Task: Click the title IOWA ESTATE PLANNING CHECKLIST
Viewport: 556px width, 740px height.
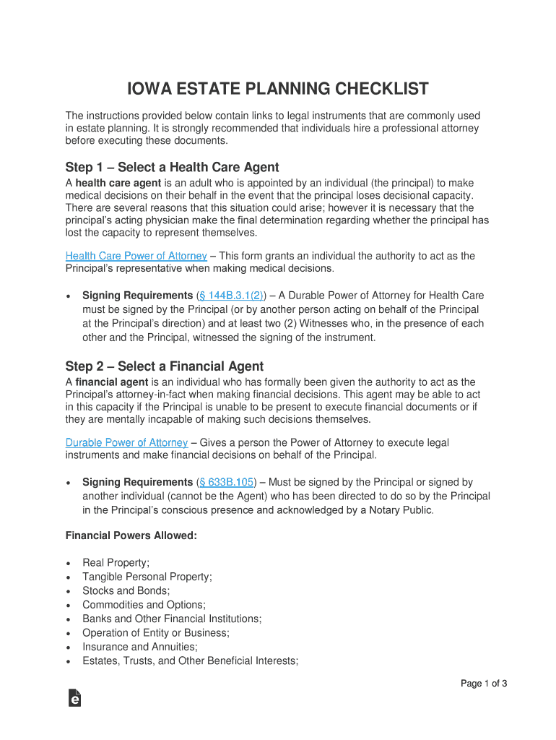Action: coord(278,90)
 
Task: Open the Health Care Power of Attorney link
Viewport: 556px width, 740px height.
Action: coord(136,256)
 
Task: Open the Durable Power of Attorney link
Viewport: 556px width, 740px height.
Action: coord(126,442)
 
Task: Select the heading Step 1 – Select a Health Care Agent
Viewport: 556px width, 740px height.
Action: coord(172,168)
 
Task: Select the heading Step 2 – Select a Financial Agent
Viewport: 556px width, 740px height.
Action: coord(165,366)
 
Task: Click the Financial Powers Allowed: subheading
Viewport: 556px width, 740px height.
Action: coord(131,535)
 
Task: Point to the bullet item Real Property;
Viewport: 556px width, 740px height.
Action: coord(116,562)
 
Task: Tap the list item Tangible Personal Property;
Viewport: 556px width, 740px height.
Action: coord(147,577)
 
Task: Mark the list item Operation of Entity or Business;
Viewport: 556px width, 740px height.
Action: coord(156,633)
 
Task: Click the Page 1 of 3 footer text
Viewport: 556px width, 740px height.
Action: coord(484,684)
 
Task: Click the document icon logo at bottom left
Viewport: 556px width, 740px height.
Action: coord(74,697)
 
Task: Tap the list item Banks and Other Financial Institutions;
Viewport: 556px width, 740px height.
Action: coord(172,619)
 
